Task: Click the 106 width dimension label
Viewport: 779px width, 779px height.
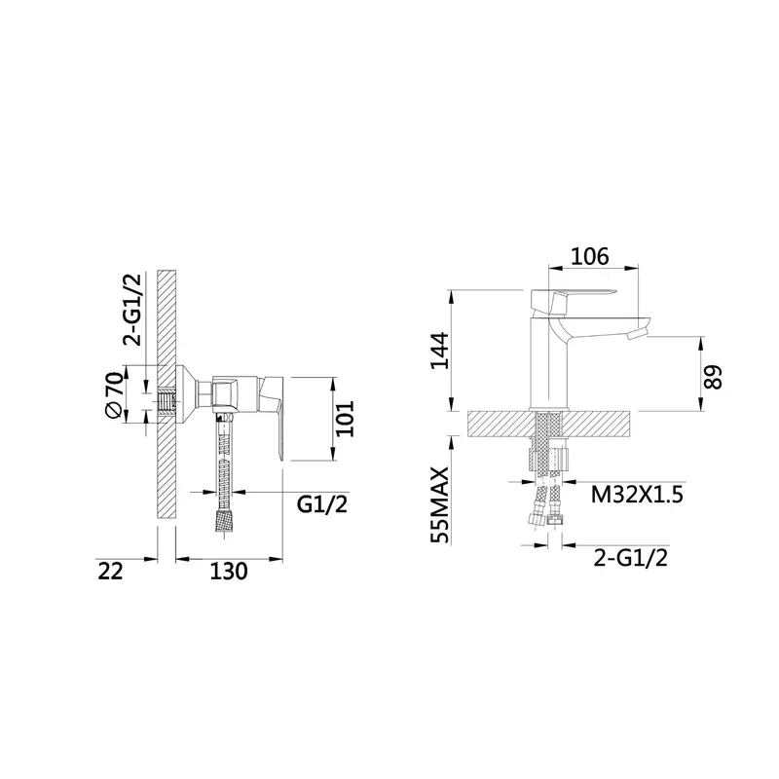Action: point(590,257)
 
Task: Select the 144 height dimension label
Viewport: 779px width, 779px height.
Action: point(440,351)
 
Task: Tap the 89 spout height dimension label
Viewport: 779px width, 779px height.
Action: point(714,378)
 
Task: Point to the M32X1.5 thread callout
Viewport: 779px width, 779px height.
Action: point(637,495)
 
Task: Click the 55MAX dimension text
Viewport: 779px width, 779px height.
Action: point(440,505)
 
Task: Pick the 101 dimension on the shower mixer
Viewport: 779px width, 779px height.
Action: point(345,419)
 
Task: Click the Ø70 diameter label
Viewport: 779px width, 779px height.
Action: point(113,395)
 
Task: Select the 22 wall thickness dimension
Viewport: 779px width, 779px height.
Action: point(110,572)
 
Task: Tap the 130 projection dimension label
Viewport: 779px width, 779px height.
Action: point(229,572)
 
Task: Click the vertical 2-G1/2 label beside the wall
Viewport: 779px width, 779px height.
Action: point(132,309)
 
